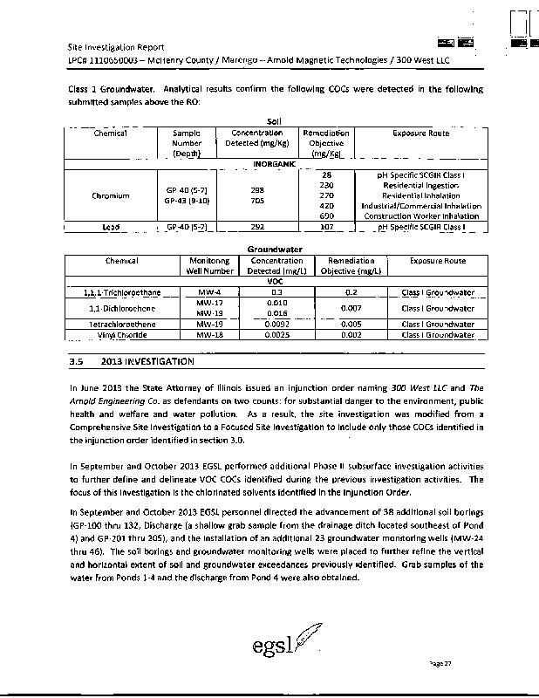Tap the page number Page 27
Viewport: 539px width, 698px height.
coord(445,664)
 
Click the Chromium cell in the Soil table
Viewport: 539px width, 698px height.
coord(111,195)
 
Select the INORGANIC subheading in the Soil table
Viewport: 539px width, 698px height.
coord(275,164)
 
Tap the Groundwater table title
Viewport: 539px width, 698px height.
coord(275,250)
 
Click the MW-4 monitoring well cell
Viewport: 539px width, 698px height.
coord(210,291)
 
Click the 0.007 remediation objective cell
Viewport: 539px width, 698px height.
coord(352,308)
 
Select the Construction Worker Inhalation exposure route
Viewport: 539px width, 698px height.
coord(422,216)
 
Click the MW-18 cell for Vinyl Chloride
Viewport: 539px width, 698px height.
coord(210,335)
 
